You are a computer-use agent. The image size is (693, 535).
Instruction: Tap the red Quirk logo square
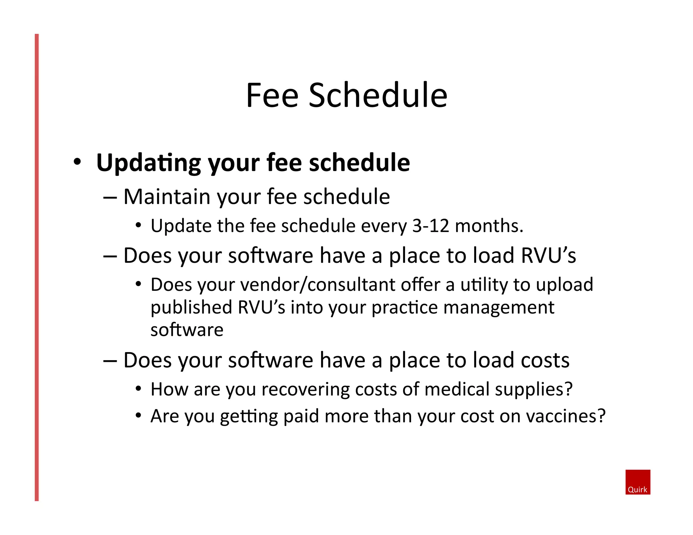[x=638, y=482]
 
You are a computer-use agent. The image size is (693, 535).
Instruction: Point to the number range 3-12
[x=430, y=226]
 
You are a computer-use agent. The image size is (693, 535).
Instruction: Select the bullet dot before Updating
[x=77, y=162]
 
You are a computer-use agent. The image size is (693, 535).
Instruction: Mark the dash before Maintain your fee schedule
[x=110, y=197]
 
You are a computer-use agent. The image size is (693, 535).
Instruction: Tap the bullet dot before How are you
[x=138, y=389]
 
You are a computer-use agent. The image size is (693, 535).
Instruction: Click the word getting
[x=249, y=416]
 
